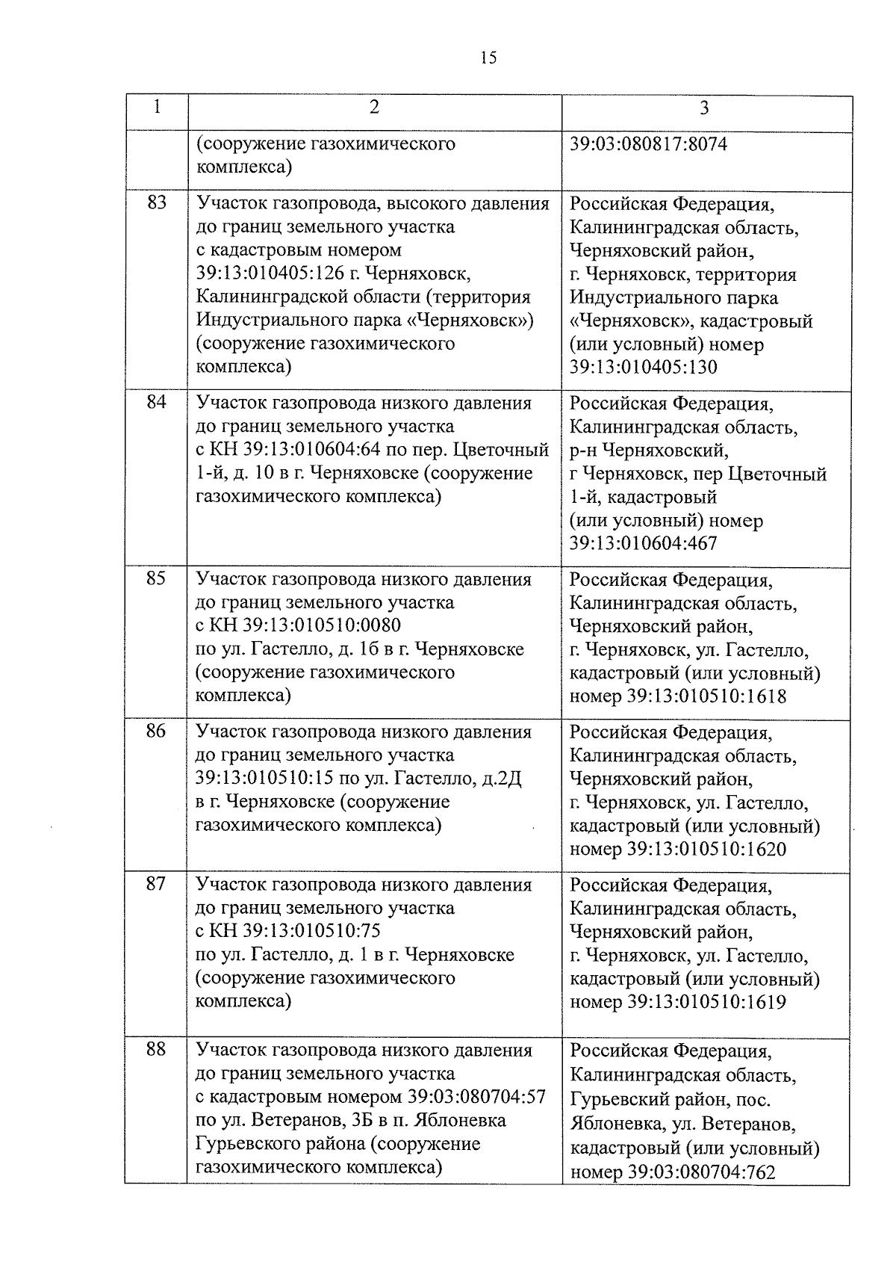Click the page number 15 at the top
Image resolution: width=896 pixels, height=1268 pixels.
click(488, 58)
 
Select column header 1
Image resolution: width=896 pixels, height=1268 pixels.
click(156, 107)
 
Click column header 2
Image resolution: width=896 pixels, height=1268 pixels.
click(373, 107)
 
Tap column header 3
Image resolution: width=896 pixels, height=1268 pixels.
click(704, 108)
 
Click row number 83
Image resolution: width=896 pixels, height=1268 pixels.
click(156, 202)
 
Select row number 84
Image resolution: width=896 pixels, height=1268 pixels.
click(156, 403)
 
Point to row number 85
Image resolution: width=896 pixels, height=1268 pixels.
click(156, 578)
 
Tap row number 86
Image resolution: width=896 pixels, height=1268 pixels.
click(156, 731)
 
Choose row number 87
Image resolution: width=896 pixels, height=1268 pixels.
click(156, 884)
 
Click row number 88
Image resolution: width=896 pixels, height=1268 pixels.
click(156, 1050)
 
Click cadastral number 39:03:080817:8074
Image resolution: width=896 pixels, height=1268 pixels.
click(648, 143)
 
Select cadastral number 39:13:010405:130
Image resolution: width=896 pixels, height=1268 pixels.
click(643, 368)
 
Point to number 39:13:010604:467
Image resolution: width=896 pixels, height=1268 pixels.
click(643, 543)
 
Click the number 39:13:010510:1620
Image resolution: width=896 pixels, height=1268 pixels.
click(706, 850)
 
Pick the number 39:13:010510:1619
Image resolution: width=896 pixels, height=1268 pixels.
click(706, 1002)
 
